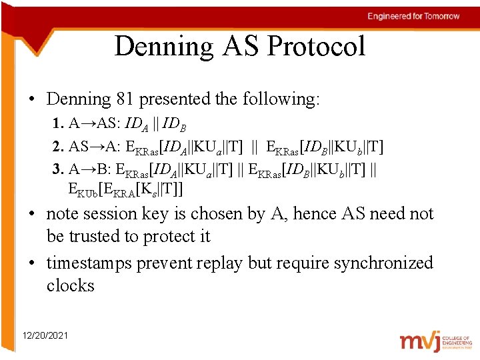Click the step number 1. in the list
coord(58,125)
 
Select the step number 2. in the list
coord(58,146)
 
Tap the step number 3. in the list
coord(58,167)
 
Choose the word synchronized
coord(383,263)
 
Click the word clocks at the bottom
coord(71,286)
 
